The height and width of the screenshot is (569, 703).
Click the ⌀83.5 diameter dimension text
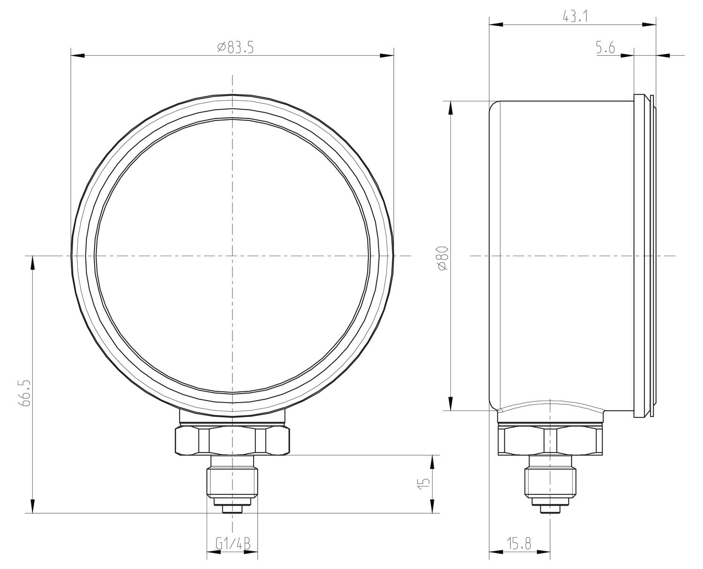[236, 48]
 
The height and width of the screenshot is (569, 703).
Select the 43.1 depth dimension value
[576, 16]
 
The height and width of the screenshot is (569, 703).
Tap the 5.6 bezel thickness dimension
[606, 48]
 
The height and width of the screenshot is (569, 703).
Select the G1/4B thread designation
[233, 544]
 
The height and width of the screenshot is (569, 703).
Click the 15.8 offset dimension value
[519, 544]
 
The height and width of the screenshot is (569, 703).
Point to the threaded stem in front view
[232, 481]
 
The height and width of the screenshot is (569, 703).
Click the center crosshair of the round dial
[232, 256]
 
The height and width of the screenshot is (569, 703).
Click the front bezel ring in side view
[638, 256]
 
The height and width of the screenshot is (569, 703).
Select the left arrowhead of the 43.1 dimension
[496, 24]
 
